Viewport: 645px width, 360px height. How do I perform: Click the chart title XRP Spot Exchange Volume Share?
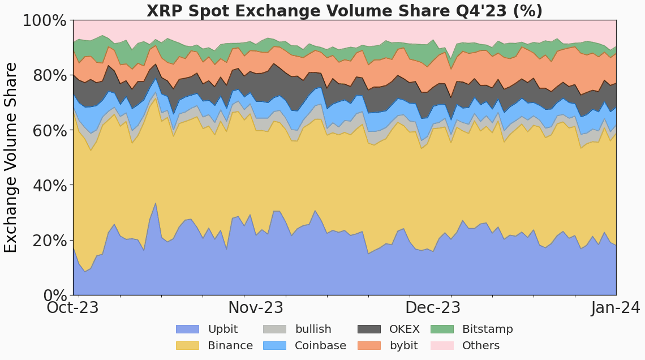[345, 11]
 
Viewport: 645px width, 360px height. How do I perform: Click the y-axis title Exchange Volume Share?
[11, 157]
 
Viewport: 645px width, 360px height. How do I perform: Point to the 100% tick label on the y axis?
[45, 21]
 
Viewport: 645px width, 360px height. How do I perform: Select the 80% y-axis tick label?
[48, 76]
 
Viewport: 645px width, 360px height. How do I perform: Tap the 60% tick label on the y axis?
[48, 131]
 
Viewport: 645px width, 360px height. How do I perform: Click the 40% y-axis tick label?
[48, 186]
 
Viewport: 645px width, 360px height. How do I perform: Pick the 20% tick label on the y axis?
[48, 241]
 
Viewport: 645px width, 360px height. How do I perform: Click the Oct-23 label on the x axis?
[72, 308]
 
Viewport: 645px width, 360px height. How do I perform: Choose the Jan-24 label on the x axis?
[616, 308]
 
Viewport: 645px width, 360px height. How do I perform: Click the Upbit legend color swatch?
[187, 329]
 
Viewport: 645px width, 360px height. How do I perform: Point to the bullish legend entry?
[313, 329]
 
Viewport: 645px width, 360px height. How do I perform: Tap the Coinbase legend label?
[320, 346]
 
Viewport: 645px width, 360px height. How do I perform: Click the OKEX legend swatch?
[369, 329]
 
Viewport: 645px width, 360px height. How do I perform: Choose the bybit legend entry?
[403, 346]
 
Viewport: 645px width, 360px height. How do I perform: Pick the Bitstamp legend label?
[487, 329]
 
